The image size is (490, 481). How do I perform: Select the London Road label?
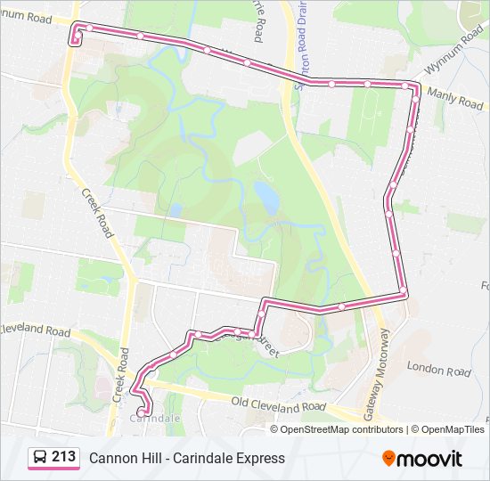[438, 368]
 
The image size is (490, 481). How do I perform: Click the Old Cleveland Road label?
[279, 404]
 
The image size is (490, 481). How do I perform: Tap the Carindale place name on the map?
[155, 417]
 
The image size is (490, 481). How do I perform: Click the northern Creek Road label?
[97, 212]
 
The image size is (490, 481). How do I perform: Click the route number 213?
[64, 456]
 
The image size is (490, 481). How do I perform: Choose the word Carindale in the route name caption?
[200, 458]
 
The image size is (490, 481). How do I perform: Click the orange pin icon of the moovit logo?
[388, 458]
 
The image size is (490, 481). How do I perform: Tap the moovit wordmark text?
[430, 459]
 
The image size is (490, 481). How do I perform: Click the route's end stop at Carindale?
[143, 412]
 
